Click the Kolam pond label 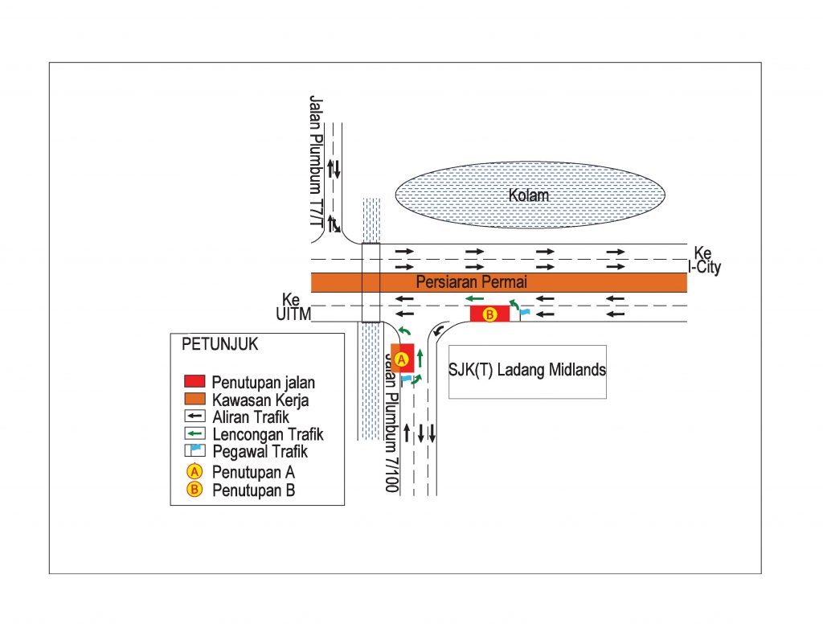pyautogui.click(x=528, y=195)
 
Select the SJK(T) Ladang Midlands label pyautogui.click(x=526, y=370)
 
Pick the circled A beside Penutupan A pyautogui.click(x=194, y=472)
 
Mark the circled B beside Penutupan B pyautogui.click(x=194, y=490)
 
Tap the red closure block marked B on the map pyautogui.click(x=489, y=314)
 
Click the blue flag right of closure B pyautogui.click(x=525, y=311)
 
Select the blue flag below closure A pyautogui.click(x=407, y=378)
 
